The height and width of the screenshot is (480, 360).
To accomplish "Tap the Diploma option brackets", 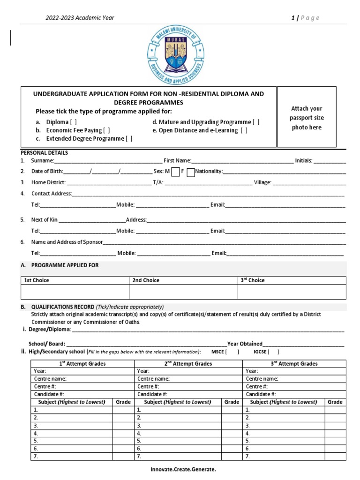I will click(73, 122).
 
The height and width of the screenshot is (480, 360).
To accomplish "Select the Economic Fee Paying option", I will click(107, 130).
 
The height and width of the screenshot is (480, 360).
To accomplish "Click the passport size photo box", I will click(307, 117).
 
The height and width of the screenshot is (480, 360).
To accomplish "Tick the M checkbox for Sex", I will click(175, 172).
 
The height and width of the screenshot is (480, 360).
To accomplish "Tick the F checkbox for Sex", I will click(190, 172).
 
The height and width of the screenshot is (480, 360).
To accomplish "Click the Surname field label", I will click(43, 161).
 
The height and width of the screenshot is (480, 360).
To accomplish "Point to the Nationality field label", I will click(209, 172).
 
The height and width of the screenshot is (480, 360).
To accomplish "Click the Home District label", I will click(48, 182).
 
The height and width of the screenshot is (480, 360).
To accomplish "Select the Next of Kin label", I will click(45, 219).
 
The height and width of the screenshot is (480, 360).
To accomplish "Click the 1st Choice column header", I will click(37, 280).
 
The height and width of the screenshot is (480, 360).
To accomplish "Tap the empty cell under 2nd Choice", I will click(183, 292).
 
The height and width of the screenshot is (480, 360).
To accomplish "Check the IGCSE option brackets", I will click(273, 352).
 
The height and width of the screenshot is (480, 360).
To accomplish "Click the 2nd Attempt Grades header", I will click(188, 363).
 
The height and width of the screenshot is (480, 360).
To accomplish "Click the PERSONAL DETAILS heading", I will click(45, 153).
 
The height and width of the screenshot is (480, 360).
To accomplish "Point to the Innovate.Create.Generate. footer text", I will click(183, 469).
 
